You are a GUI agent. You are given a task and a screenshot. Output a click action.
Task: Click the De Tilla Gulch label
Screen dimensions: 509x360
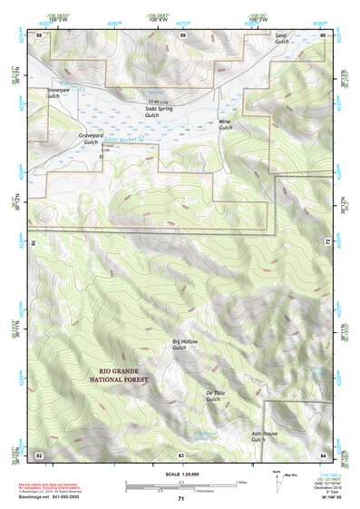click(x=214, y=395)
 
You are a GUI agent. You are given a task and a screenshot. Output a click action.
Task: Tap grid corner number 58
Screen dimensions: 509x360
click(x=39, y=34)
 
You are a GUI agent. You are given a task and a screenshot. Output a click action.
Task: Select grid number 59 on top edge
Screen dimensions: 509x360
click(x=182, y=34)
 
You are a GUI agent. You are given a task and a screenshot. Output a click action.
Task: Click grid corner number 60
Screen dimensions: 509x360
click(x=322, y=34)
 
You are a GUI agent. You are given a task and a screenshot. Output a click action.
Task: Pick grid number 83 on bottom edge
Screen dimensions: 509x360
click(x=181, y=454)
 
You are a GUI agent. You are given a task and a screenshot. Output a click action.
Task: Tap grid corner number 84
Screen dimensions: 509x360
click(x=322, y=454)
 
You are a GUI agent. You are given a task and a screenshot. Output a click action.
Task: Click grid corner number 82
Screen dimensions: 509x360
click(x=39, y=454)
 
